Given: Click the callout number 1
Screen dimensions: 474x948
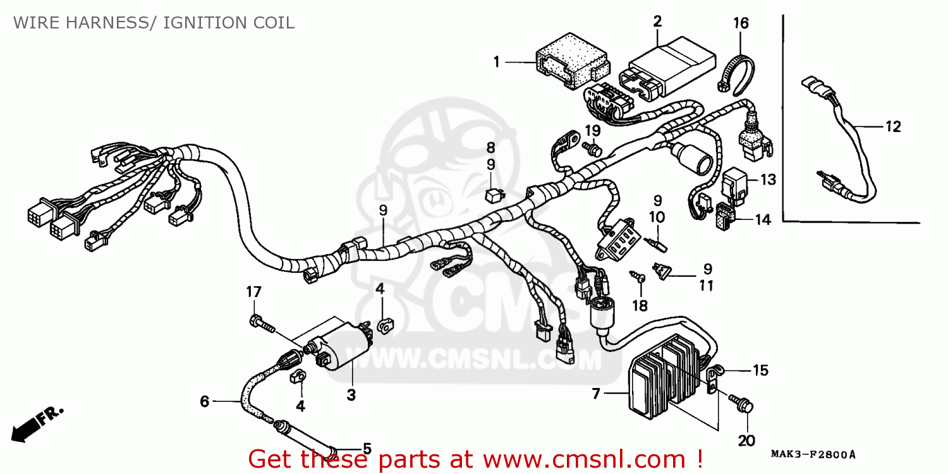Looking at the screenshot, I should [497, 62].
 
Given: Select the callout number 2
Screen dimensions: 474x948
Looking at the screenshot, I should [657, 21].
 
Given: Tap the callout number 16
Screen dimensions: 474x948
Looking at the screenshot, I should [741, 24].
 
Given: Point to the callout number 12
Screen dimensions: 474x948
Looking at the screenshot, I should [892, 127].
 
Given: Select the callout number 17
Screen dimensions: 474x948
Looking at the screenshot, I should [253, 293].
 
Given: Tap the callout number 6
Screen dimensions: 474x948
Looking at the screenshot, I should [204, 401].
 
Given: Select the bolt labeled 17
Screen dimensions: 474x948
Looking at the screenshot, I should [262, 324].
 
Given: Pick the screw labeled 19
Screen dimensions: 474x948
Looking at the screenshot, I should [592, 150].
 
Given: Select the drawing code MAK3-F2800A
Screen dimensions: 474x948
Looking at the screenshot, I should [813, 454].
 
